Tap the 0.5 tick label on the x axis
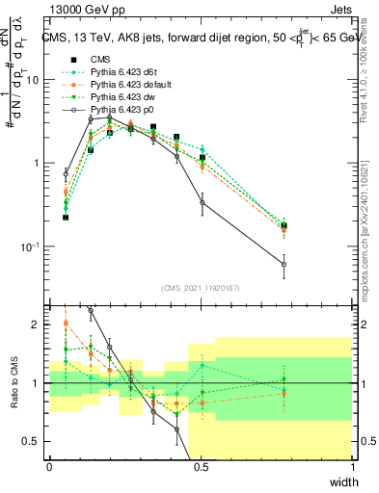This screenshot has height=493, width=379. tap(201, 467)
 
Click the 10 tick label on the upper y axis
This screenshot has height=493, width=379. tap(32, 80)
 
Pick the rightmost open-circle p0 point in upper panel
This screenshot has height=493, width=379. tap(284, 264)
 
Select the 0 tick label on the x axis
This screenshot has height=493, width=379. tap(49, 467)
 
